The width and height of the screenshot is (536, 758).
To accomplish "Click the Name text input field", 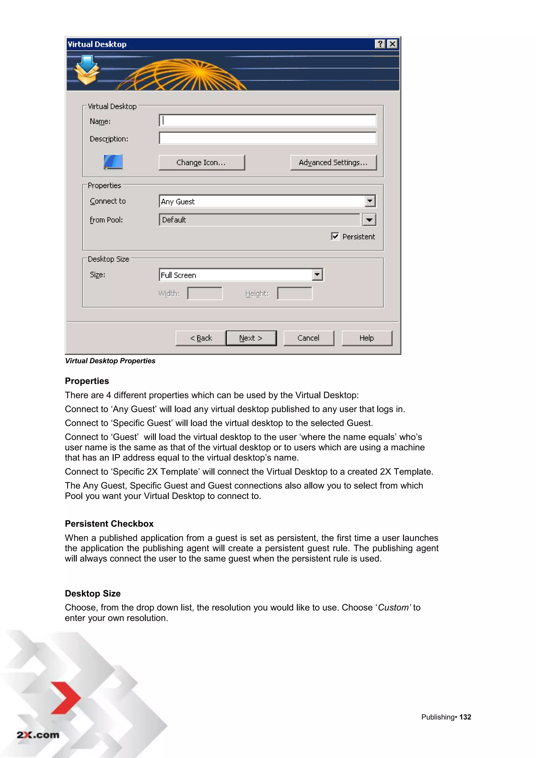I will [267, 121].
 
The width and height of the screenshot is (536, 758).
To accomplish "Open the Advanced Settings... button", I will [333, 162].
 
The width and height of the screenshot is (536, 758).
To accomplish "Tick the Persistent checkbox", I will [335, 236].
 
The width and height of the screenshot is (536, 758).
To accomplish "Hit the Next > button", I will [251, 338].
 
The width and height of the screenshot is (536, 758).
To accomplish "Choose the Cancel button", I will [309, 338].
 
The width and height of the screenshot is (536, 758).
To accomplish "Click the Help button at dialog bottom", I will [367, 338].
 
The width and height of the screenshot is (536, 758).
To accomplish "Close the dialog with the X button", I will [392, 44].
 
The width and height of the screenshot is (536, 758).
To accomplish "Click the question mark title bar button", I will [380, 44].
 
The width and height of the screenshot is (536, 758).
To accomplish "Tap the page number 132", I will [465, 717].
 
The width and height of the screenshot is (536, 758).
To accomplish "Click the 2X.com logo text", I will [38, 735].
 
